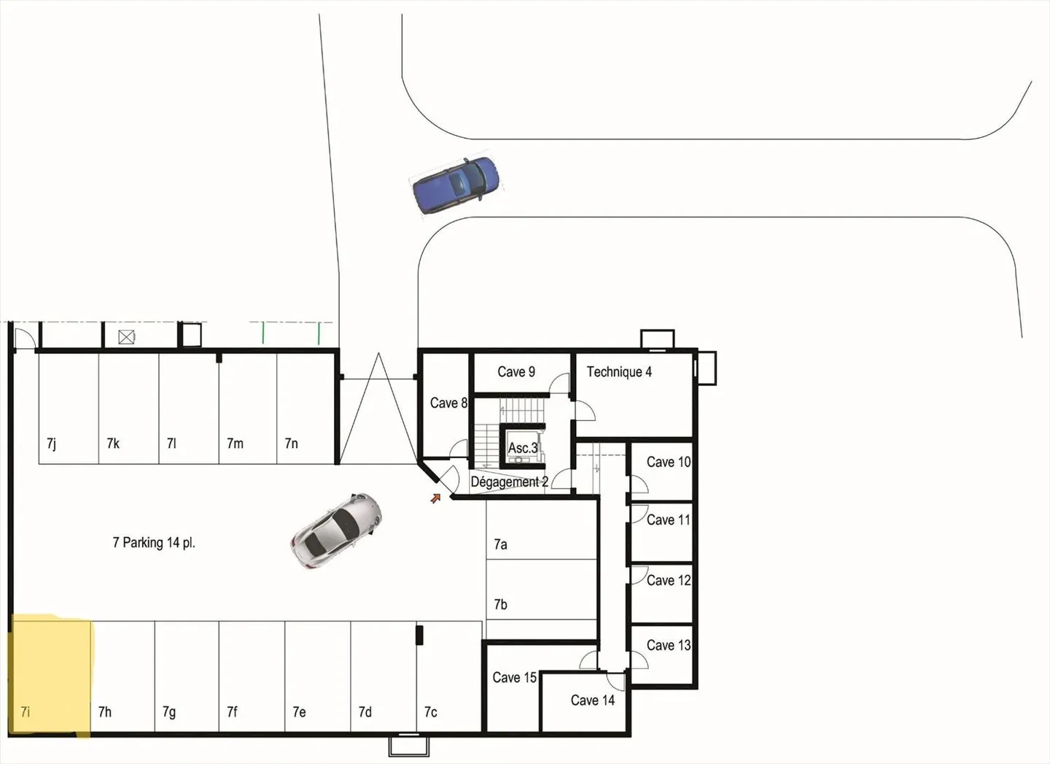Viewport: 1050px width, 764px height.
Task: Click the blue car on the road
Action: click(456, 185)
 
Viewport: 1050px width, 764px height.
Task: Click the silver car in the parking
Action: click(336, 530)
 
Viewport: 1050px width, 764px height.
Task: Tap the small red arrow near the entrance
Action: click(435, 498)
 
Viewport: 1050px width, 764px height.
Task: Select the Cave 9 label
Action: click(516, 372)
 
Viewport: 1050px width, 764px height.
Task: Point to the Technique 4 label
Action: click(619, 372)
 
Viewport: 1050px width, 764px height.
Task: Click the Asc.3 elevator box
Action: click(523, 447)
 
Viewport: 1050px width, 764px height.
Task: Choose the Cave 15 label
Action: click(514, 678)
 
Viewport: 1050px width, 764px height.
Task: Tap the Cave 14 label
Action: click(592, 701)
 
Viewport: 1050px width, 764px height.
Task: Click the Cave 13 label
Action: click(668, 646)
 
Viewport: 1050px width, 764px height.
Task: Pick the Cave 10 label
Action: click(668, 463)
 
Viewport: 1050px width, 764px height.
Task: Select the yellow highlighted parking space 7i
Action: click(51, 675)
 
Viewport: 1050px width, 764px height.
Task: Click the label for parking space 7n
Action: click(291, 444)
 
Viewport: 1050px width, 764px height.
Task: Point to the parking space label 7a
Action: click(500, 544)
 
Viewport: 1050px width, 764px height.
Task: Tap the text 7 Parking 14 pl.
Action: click(154, 543)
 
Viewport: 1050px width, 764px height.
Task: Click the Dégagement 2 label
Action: click(509, 482)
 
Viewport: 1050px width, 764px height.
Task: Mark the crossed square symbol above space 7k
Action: click(127, 337)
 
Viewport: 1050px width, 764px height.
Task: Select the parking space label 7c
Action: click(431, 712)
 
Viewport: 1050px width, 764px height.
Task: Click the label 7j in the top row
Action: click(51, 444)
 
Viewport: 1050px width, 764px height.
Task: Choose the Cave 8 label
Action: click(448, 404)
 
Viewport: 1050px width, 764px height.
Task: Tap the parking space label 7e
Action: click(299, 712)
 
